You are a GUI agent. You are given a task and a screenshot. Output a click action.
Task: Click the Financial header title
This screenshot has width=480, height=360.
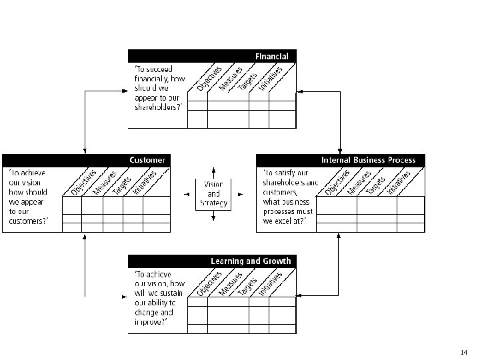coord(271,57)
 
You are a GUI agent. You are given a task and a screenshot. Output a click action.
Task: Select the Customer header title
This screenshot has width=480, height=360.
coord(147,160)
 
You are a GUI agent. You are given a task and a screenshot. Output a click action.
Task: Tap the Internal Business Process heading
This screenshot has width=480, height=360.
coord(368,160)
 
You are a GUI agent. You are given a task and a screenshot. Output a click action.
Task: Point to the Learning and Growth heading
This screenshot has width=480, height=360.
coord(251,261)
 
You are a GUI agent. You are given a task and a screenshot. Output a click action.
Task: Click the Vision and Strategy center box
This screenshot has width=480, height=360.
coord(213,193)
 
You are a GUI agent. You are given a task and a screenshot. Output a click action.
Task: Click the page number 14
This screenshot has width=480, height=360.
coord(464,351)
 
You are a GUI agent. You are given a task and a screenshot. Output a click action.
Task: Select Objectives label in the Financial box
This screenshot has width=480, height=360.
coord(210,78)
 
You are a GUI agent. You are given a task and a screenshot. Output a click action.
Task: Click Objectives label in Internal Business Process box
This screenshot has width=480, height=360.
coord(337,182)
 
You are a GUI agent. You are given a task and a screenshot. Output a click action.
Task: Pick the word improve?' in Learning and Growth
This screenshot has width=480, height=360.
coord(151,321)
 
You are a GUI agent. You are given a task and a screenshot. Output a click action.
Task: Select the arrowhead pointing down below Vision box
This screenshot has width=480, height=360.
coord(213,218)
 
